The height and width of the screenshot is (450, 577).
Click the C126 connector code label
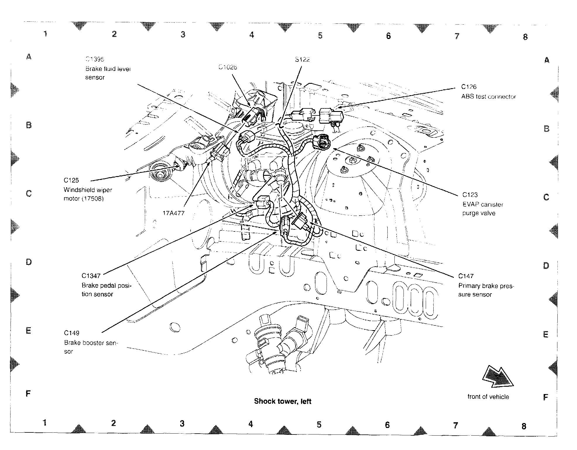click(x=469, y=87)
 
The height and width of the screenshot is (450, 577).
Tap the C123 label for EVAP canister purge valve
click(x=470, y=195)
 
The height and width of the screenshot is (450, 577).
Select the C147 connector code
click(x=466, y=276)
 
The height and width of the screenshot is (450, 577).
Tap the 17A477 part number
click(x=174, y=213)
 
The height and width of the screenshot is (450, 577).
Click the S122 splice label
click(x=302, y=60)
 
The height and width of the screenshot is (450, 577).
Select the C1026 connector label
click(x=228, y=67)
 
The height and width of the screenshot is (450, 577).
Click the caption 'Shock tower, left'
click(x=283, y=401)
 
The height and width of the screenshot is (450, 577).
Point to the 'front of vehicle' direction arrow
click(x=497, y=376)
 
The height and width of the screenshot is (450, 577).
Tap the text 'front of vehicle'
click(x=488, y=397)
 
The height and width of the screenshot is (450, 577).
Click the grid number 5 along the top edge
click(x=320, y=36)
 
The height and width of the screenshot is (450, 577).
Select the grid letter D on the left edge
click(x=29, y=262)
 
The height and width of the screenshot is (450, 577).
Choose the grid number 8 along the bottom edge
click(x=524, y=426)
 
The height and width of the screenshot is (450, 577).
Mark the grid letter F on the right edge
click(x=545, y=398)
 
